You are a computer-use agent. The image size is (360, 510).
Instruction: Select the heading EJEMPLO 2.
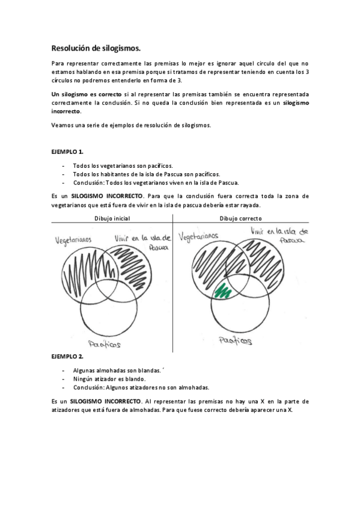[x=67, y=357]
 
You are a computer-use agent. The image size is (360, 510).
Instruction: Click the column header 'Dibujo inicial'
[x=112, y=218]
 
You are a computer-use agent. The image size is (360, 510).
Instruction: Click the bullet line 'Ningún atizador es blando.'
[x=109, y=379]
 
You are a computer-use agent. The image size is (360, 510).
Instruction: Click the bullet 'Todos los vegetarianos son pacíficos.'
[x=123, y=165]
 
